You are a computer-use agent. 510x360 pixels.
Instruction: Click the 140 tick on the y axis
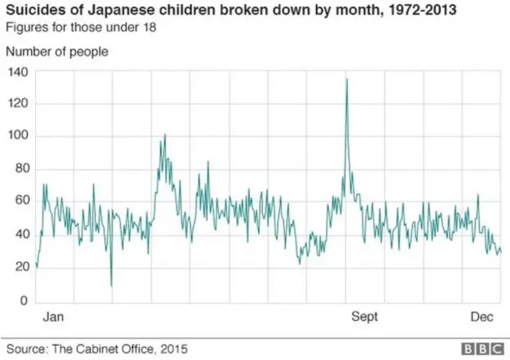click(17, 72)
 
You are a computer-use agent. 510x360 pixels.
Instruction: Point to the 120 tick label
click(17, 104)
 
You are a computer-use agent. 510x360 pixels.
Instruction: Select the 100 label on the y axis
click(17, 137)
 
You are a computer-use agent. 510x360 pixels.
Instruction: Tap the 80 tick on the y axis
click(20, 170)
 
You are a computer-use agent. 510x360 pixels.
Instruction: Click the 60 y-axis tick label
click(20, 202)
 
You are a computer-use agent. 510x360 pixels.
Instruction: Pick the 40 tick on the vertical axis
click(20, 235)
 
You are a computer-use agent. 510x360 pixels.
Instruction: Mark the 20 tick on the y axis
click(20, 268)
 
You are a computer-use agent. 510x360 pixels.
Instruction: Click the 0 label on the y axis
click(23, 300)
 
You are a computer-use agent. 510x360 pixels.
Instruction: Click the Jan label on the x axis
click(53, 317)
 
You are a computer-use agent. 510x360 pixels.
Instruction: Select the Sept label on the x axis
click(365, 317)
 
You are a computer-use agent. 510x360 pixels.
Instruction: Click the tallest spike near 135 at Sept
click(347, 79)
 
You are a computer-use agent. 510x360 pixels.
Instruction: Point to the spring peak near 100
click(164, 135)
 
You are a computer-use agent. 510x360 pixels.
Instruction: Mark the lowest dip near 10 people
click(112, 285)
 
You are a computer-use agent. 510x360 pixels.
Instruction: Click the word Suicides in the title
click(35, 10)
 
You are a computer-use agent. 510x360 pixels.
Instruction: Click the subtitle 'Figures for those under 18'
click(81, 27)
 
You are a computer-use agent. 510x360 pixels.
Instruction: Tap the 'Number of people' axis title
click(57, 52)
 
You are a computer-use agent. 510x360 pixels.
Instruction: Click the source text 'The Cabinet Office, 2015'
click(121, 349)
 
